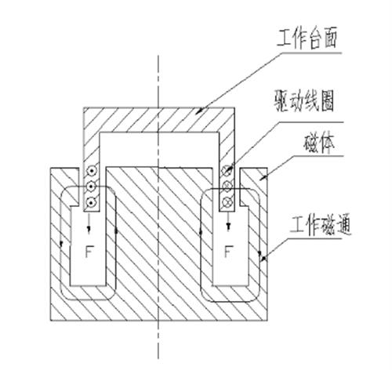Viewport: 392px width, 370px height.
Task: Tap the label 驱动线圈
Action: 304,101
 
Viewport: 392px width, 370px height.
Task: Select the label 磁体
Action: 319,143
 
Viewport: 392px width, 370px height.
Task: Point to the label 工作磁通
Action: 321,226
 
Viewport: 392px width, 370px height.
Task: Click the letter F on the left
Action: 89,252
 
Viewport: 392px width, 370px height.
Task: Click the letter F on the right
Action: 228,252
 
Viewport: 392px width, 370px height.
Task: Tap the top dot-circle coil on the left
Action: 91,171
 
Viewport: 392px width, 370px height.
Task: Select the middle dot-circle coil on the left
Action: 91,187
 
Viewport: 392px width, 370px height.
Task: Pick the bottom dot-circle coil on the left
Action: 91,202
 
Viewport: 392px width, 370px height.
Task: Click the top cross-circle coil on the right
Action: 227,170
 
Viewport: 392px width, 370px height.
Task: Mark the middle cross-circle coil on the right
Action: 227,186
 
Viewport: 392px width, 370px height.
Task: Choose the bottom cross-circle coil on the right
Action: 227,201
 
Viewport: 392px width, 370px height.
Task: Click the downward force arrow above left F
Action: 89,222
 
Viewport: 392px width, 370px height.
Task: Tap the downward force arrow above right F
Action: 229,222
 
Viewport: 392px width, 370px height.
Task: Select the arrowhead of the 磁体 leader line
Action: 262,178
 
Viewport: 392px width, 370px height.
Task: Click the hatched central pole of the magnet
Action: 159,235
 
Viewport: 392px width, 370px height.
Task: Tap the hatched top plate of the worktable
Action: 159,120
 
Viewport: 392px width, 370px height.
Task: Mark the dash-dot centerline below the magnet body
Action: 158,339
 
